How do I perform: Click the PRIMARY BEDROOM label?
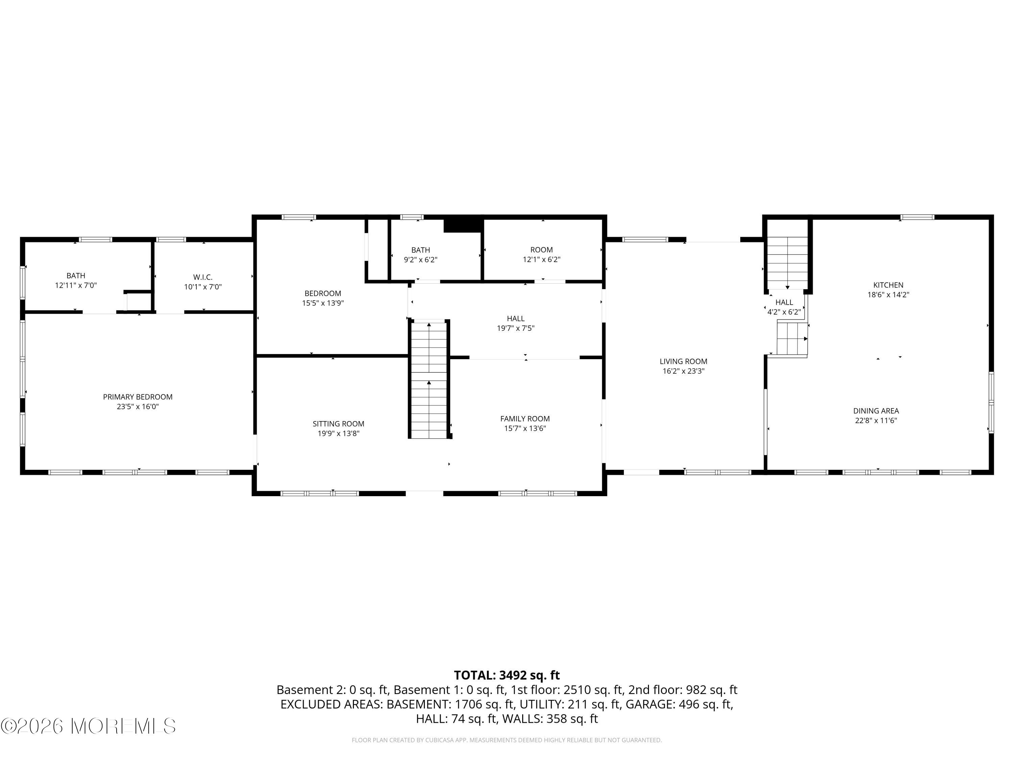pyautogui.click(x=138, y=397)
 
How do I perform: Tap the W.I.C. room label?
pyautogui.click(x=202, y=277)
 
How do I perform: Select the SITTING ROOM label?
pyautogui.click(x=338, y=424)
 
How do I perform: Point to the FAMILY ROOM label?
pyautogui.click(x=525, y=418)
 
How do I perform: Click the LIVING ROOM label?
pyautogui.click(x=683, y=362)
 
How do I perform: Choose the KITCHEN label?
pyautogui.click(x=888, y=285)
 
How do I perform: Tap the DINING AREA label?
pyautogui.click(x=875, y=411)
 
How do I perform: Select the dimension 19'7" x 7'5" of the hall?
pyautogui.click(x=516, y=328)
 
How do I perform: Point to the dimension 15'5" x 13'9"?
pyautogui.click(x=323, y=303)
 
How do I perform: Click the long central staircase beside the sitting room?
pyautogui.click(x=429, y=381)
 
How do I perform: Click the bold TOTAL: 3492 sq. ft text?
pyautogui.click(x=507, y=675)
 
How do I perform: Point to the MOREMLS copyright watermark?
pyautogui.click(x=89, y=726)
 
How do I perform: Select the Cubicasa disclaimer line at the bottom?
pyautogui.click(x=507, y=740)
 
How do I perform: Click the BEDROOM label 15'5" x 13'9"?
pyautogui.click(x=323, y=294)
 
